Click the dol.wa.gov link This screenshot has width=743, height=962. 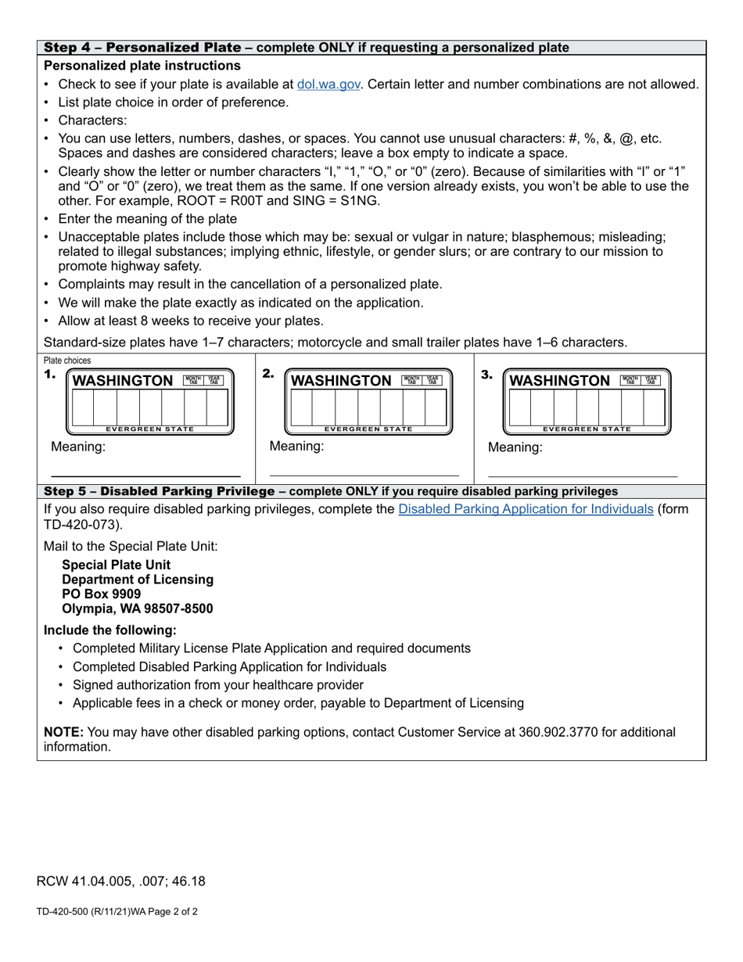(328, 84)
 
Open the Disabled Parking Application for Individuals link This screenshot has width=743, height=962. (526, 509)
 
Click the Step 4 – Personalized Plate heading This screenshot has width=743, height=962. (142, 48)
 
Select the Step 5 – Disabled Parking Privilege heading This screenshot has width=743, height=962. (160, 491)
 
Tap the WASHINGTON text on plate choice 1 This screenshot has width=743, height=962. (123, 381)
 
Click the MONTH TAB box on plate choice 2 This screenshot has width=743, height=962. (411, 380)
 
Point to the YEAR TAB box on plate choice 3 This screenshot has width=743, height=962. (651, 380)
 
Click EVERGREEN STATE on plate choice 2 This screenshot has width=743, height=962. (368, 429)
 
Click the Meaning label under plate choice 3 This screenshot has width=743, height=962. (515, 448)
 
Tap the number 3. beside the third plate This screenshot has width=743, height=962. (486, 375)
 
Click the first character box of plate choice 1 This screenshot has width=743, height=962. (82, 407)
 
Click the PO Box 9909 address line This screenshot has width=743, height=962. (102, 594)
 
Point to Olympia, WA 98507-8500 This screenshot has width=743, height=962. (137, 608)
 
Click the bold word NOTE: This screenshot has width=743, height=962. (63, 733)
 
